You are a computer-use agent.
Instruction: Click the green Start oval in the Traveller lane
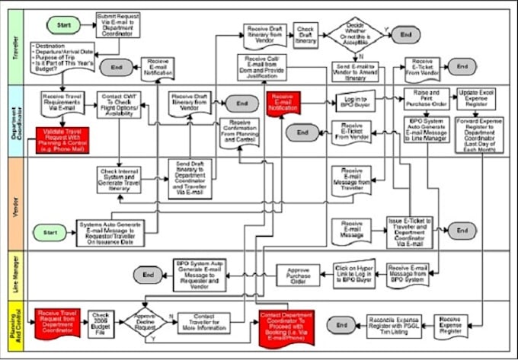(64, 24)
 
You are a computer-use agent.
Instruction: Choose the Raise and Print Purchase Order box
(424, 97)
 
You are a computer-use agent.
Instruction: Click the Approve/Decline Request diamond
(145, 320)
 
